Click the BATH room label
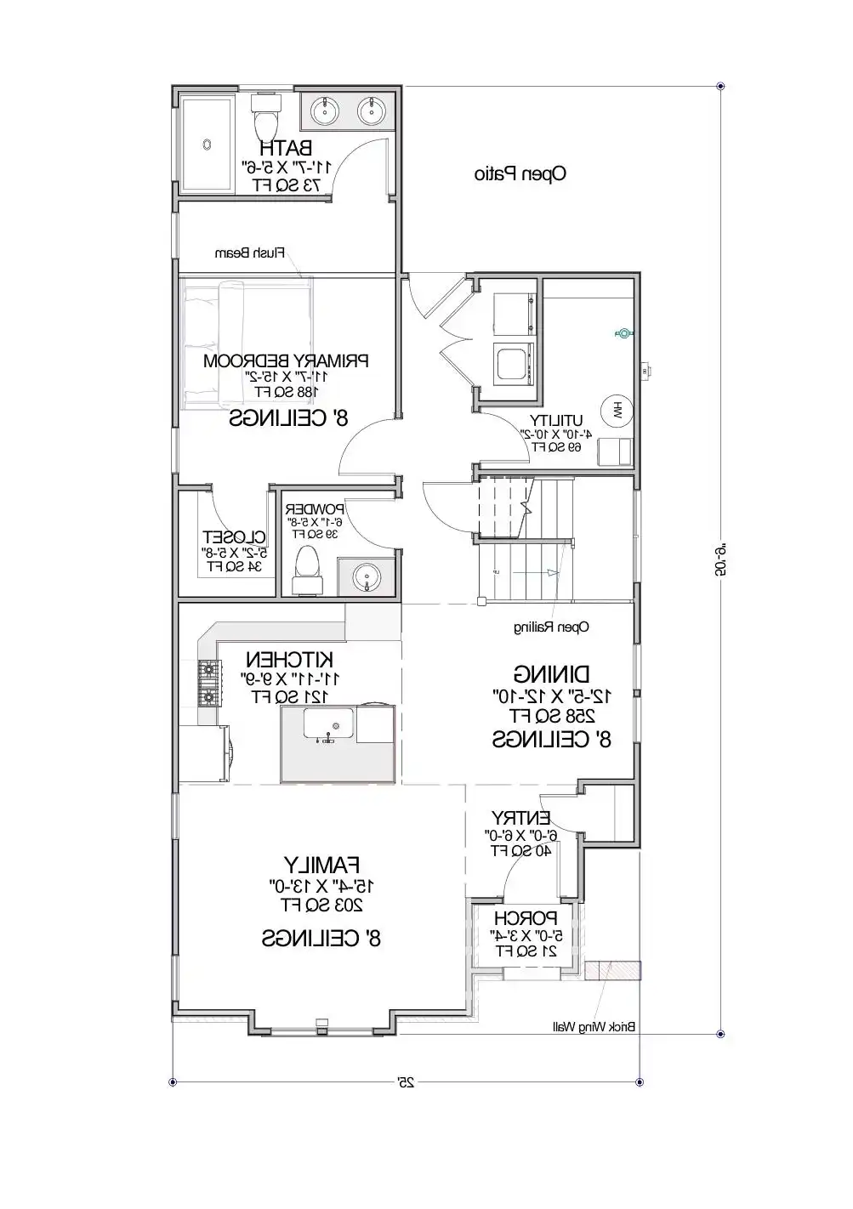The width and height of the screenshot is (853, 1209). click(284, 147)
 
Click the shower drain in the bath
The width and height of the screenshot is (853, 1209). click(207, 145)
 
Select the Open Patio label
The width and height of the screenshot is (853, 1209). click(520, 174)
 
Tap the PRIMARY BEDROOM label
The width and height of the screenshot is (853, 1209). click(286, 360)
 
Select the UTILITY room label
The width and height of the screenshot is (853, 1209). click(556, 420)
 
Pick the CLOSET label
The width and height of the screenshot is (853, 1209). click(235, 536)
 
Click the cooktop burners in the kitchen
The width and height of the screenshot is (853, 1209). click(208, 679)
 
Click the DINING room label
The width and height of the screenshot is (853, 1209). click(551, 674)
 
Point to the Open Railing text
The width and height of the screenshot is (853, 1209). click(551, 627)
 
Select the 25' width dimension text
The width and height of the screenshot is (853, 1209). click(406, 1082)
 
